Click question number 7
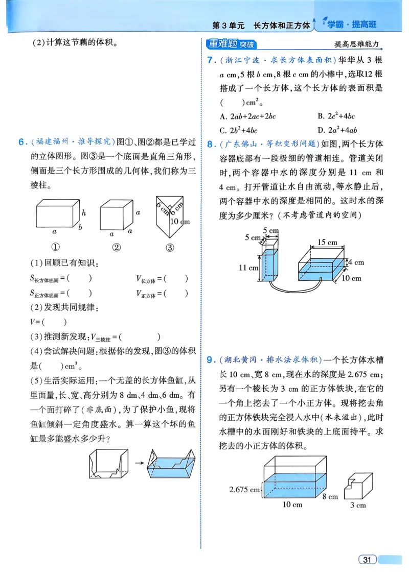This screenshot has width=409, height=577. click(210, 60)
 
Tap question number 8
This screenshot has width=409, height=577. click(210, 145)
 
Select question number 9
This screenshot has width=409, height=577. click(210, 360)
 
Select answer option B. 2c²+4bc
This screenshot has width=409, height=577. click(336, 116)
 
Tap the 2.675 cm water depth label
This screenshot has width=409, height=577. click(244, 489)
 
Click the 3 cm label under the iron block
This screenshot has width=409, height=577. click(357, 505)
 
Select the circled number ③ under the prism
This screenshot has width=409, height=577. click(170, 248)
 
